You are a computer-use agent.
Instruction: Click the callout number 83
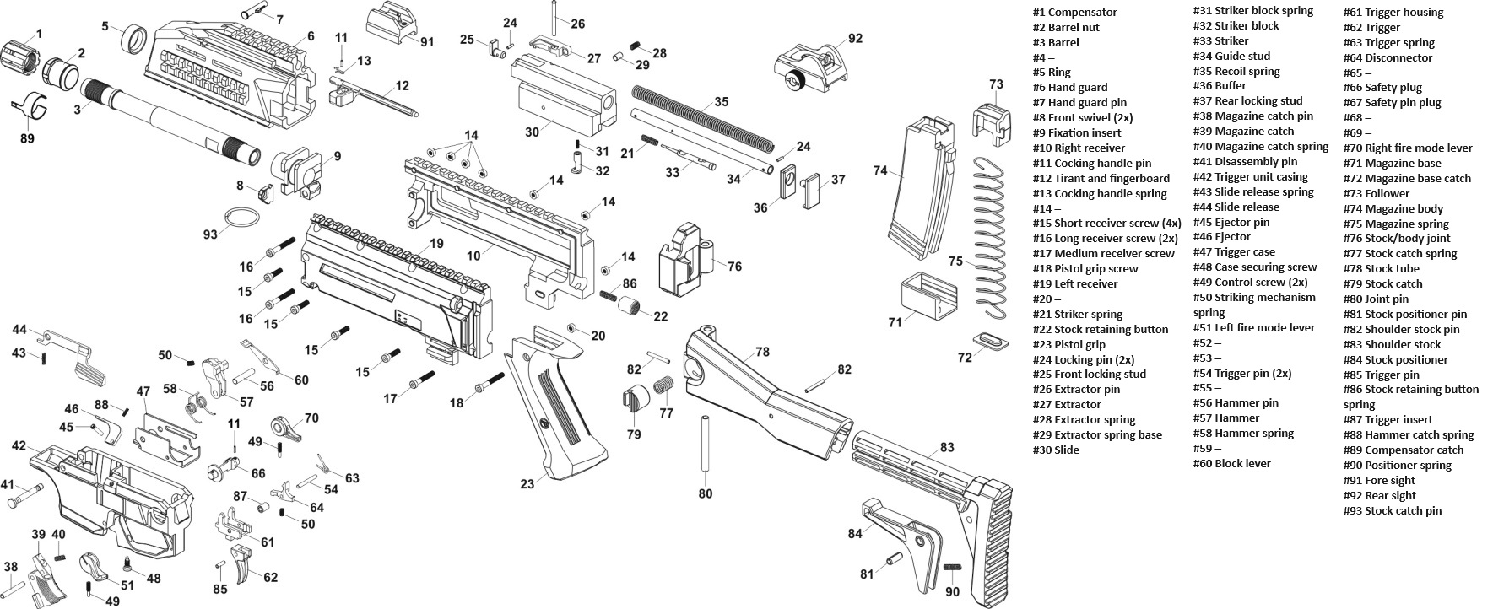pyautogui.click(x=947, y=447)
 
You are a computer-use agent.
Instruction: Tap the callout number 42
pyautogui.click(x=19, y=445)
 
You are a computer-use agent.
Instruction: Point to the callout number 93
pyautogui.click(x=210, y=234)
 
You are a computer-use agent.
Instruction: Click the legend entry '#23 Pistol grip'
pyautogui.click(x=1068, y=344)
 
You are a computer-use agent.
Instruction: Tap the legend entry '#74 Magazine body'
pyautogui.click(x=1393, y=208)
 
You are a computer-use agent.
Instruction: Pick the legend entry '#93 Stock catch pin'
pyautogui.click(x=1392, y=510)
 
